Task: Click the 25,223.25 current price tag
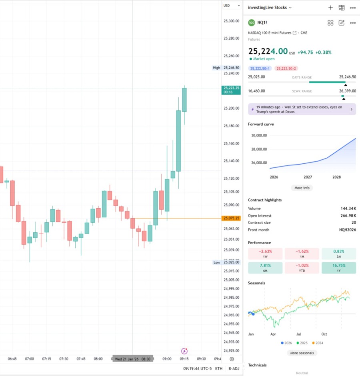point(232,90)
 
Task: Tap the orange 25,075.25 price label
point(232,218)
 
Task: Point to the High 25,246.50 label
point(226,68)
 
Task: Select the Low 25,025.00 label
point(226,262)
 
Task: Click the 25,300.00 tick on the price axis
point(232,21)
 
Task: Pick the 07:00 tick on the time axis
point(29,359)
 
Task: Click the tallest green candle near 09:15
point(178,140)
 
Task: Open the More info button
point(302,188)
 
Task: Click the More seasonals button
point(302,353)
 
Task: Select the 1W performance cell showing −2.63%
point(265,253)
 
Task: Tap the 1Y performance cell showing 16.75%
point(338,268)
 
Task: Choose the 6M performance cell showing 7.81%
point(265,268)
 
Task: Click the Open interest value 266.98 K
point(348,215)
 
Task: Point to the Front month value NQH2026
point(347,230)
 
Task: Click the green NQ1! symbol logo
point(251,22)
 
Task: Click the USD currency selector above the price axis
point(231,6)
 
